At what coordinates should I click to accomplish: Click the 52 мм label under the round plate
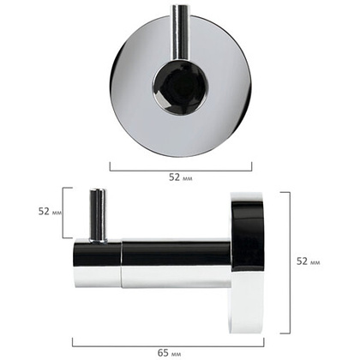181,177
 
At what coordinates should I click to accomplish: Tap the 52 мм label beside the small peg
50,212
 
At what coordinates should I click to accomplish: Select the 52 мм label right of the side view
308,261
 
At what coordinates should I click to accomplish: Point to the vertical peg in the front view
178,33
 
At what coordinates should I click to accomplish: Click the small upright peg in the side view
99,216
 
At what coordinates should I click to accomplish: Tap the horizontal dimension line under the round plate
181,171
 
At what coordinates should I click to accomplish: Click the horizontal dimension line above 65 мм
168,346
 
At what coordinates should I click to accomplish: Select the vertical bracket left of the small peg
63,213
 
